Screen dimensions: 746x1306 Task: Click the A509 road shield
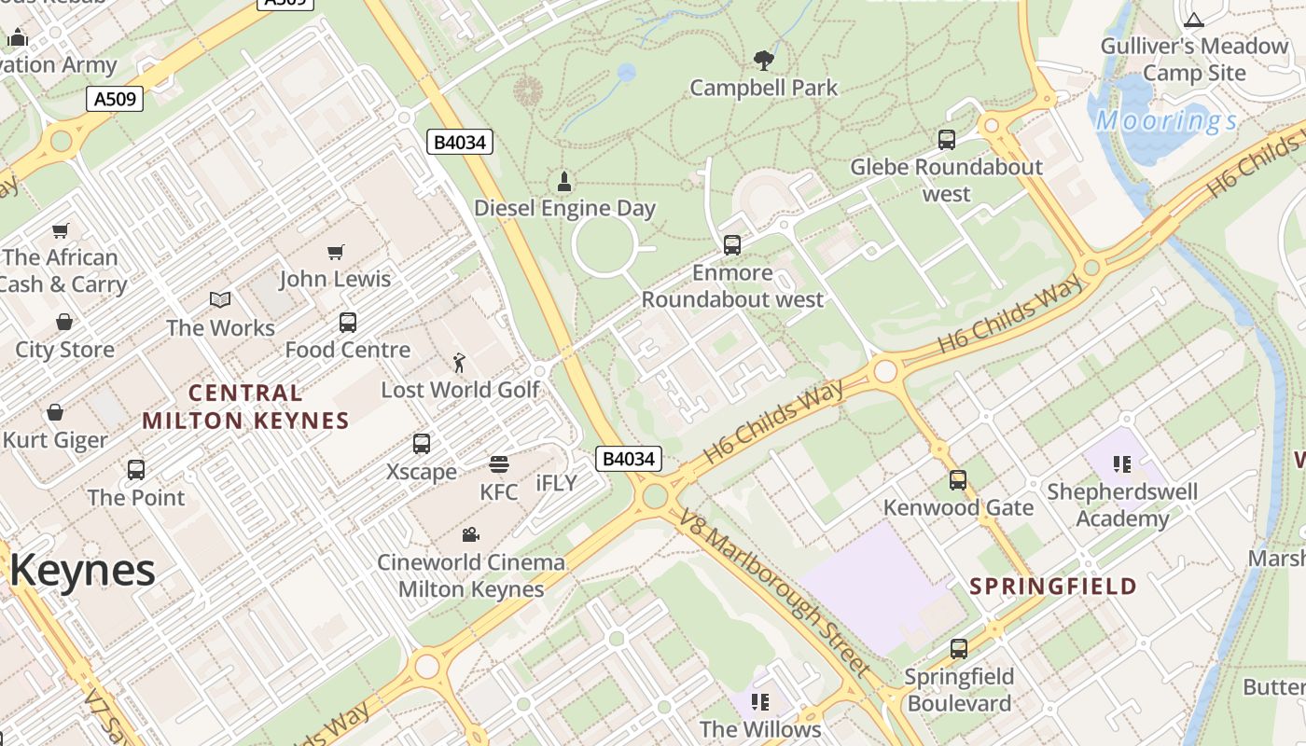[x=115, y=98]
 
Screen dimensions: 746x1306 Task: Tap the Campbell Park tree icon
[x=764, y=61]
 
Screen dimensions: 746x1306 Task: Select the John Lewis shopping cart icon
[x=336, y=252]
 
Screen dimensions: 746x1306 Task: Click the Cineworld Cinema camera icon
[x=471, y=535]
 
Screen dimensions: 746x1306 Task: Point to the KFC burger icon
[x=498, y=464]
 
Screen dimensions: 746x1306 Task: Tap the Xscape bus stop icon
[x=422, y=444]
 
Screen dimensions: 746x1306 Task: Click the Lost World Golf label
[x=461, y=390]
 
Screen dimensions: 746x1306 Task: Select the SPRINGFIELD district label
[x=1053, y=587]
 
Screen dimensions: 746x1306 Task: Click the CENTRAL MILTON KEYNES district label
[x=245, y=407]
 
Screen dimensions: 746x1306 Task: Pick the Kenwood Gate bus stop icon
[x=958, y=480]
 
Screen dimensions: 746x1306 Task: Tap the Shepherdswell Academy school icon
[x=1122, y=463]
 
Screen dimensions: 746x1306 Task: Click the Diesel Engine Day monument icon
[x=563, y=180]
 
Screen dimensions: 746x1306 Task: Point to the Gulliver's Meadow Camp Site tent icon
[x=1194, y=19]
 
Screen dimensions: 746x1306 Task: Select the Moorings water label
[x=1166, y=120]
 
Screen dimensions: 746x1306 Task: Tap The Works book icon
[x=220, y=300]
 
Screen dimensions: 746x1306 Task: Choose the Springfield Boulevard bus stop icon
[x=959, y=649]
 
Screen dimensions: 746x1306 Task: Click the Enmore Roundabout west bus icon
[x=732, y=245]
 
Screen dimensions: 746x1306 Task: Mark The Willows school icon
[x=760, y=701]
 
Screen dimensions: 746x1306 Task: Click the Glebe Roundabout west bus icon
[x=947, y=140]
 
